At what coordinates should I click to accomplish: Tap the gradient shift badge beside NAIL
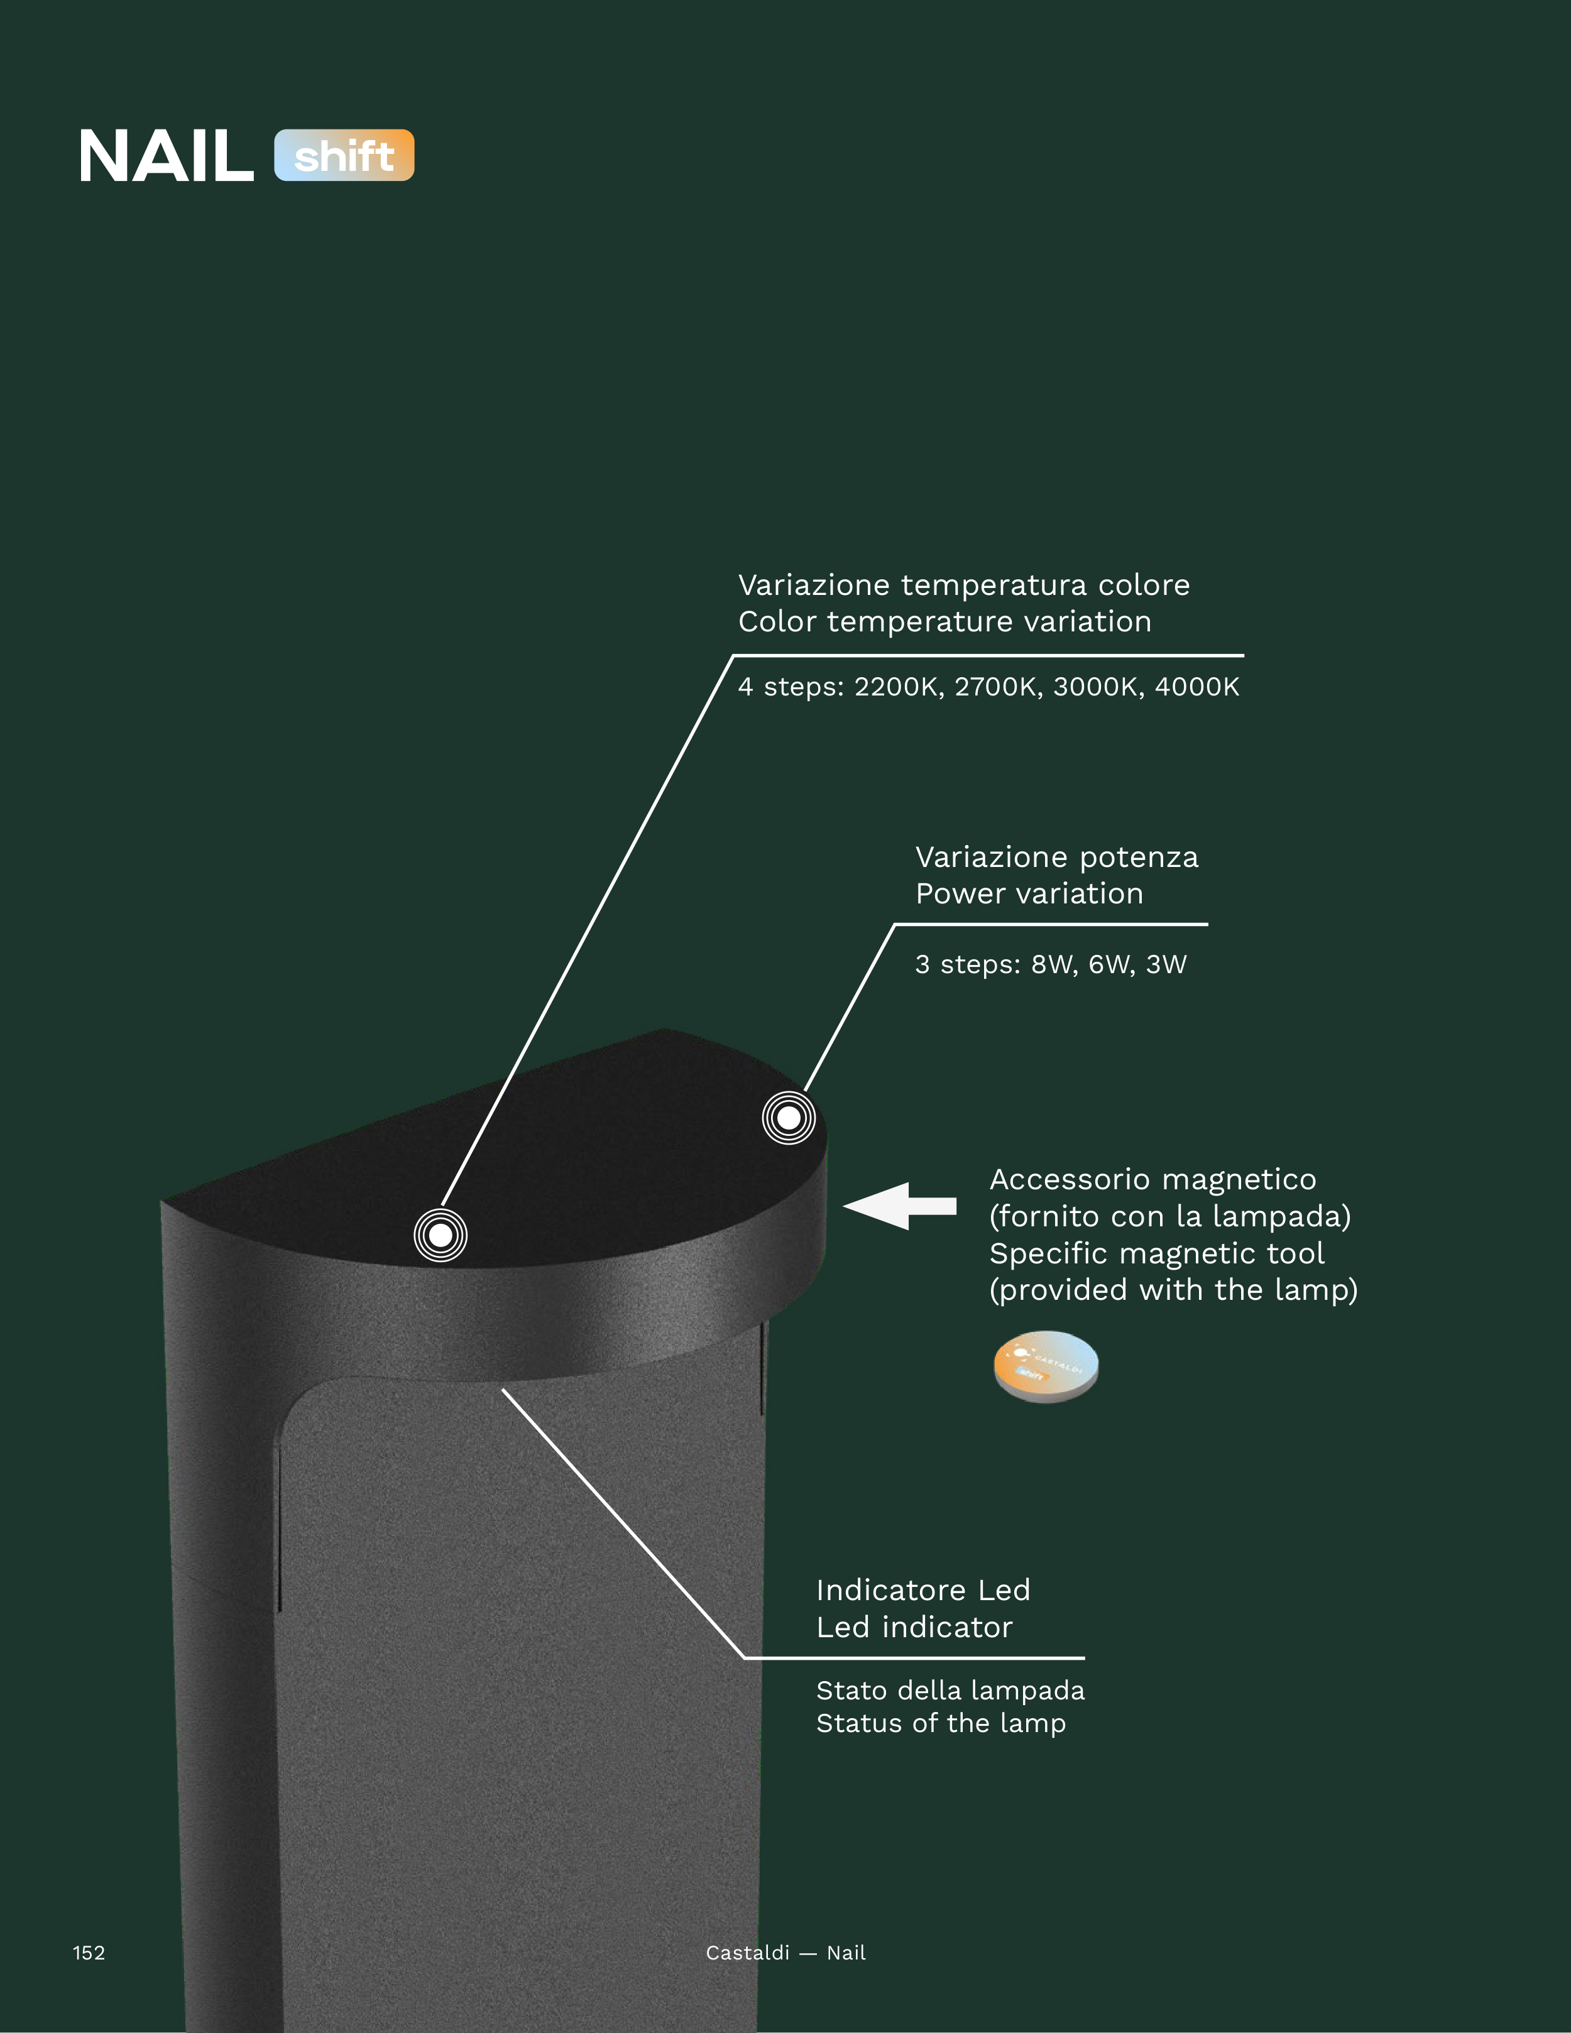pos(344,155)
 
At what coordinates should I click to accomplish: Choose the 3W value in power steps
pos(1166,964)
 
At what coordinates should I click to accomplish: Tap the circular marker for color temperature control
pos(441,1235)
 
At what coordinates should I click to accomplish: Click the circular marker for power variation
pos(789,1118)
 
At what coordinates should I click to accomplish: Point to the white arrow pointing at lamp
pos(900,1206)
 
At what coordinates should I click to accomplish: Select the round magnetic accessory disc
pos(1046,1366)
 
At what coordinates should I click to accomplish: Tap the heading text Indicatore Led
pos(923,1590)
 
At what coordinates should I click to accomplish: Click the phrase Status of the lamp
pos(941,1724)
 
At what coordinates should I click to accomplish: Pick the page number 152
pos(89,1953)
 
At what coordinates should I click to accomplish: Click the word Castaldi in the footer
pos(748,1953)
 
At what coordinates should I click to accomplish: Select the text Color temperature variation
pos(945,622)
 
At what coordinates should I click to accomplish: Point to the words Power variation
pos(1029,893)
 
